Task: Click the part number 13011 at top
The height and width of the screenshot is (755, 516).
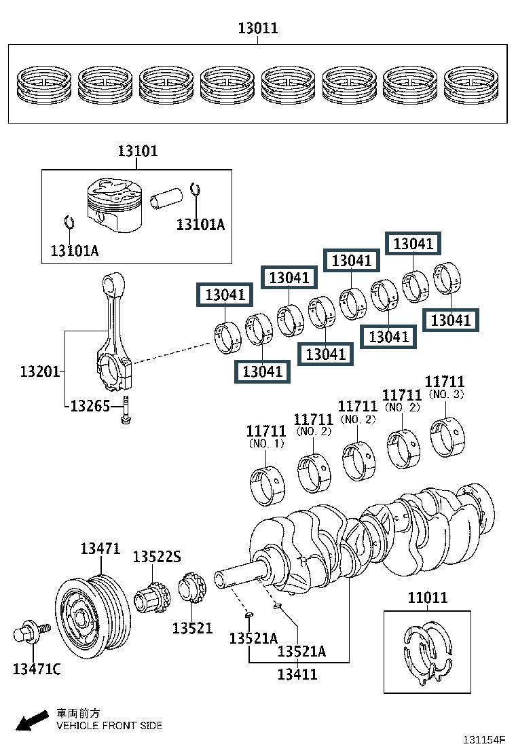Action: coord(257,29)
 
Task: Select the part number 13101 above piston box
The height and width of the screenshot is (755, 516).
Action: coord(137,150)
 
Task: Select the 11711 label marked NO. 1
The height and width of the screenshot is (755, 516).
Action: coord(265,431)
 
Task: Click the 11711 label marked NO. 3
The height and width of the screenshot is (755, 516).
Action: coord(445,382)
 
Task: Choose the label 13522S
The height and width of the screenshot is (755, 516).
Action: coord(156,557)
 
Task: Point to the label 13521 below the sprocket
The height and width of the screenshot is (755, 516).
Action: coord(192,628)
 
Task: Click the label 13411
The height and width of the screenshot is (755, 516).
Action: coord(297,674)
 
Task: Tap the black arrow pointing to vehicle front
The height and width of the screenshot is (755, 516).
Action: coord(31,722)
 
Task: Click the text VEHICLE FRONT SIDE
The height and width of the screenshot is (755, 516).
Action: coord(109,726)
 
